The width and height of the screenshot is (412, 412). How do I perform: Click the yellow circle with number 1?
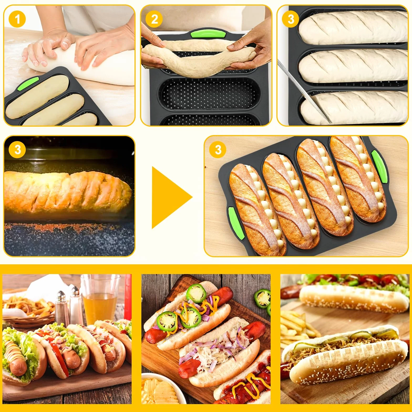coord(17,19)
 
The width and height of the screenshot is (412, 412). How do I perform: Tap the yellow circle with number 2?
coord(154,19)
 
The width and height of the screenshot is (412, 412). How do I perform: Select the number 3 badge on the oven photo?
coord(17,150)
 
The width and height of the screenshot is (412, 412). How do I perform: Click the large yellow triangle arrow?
coord(172,197)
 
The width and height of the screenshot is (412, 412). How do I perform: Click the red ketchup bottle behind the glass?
coord(128,297)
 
